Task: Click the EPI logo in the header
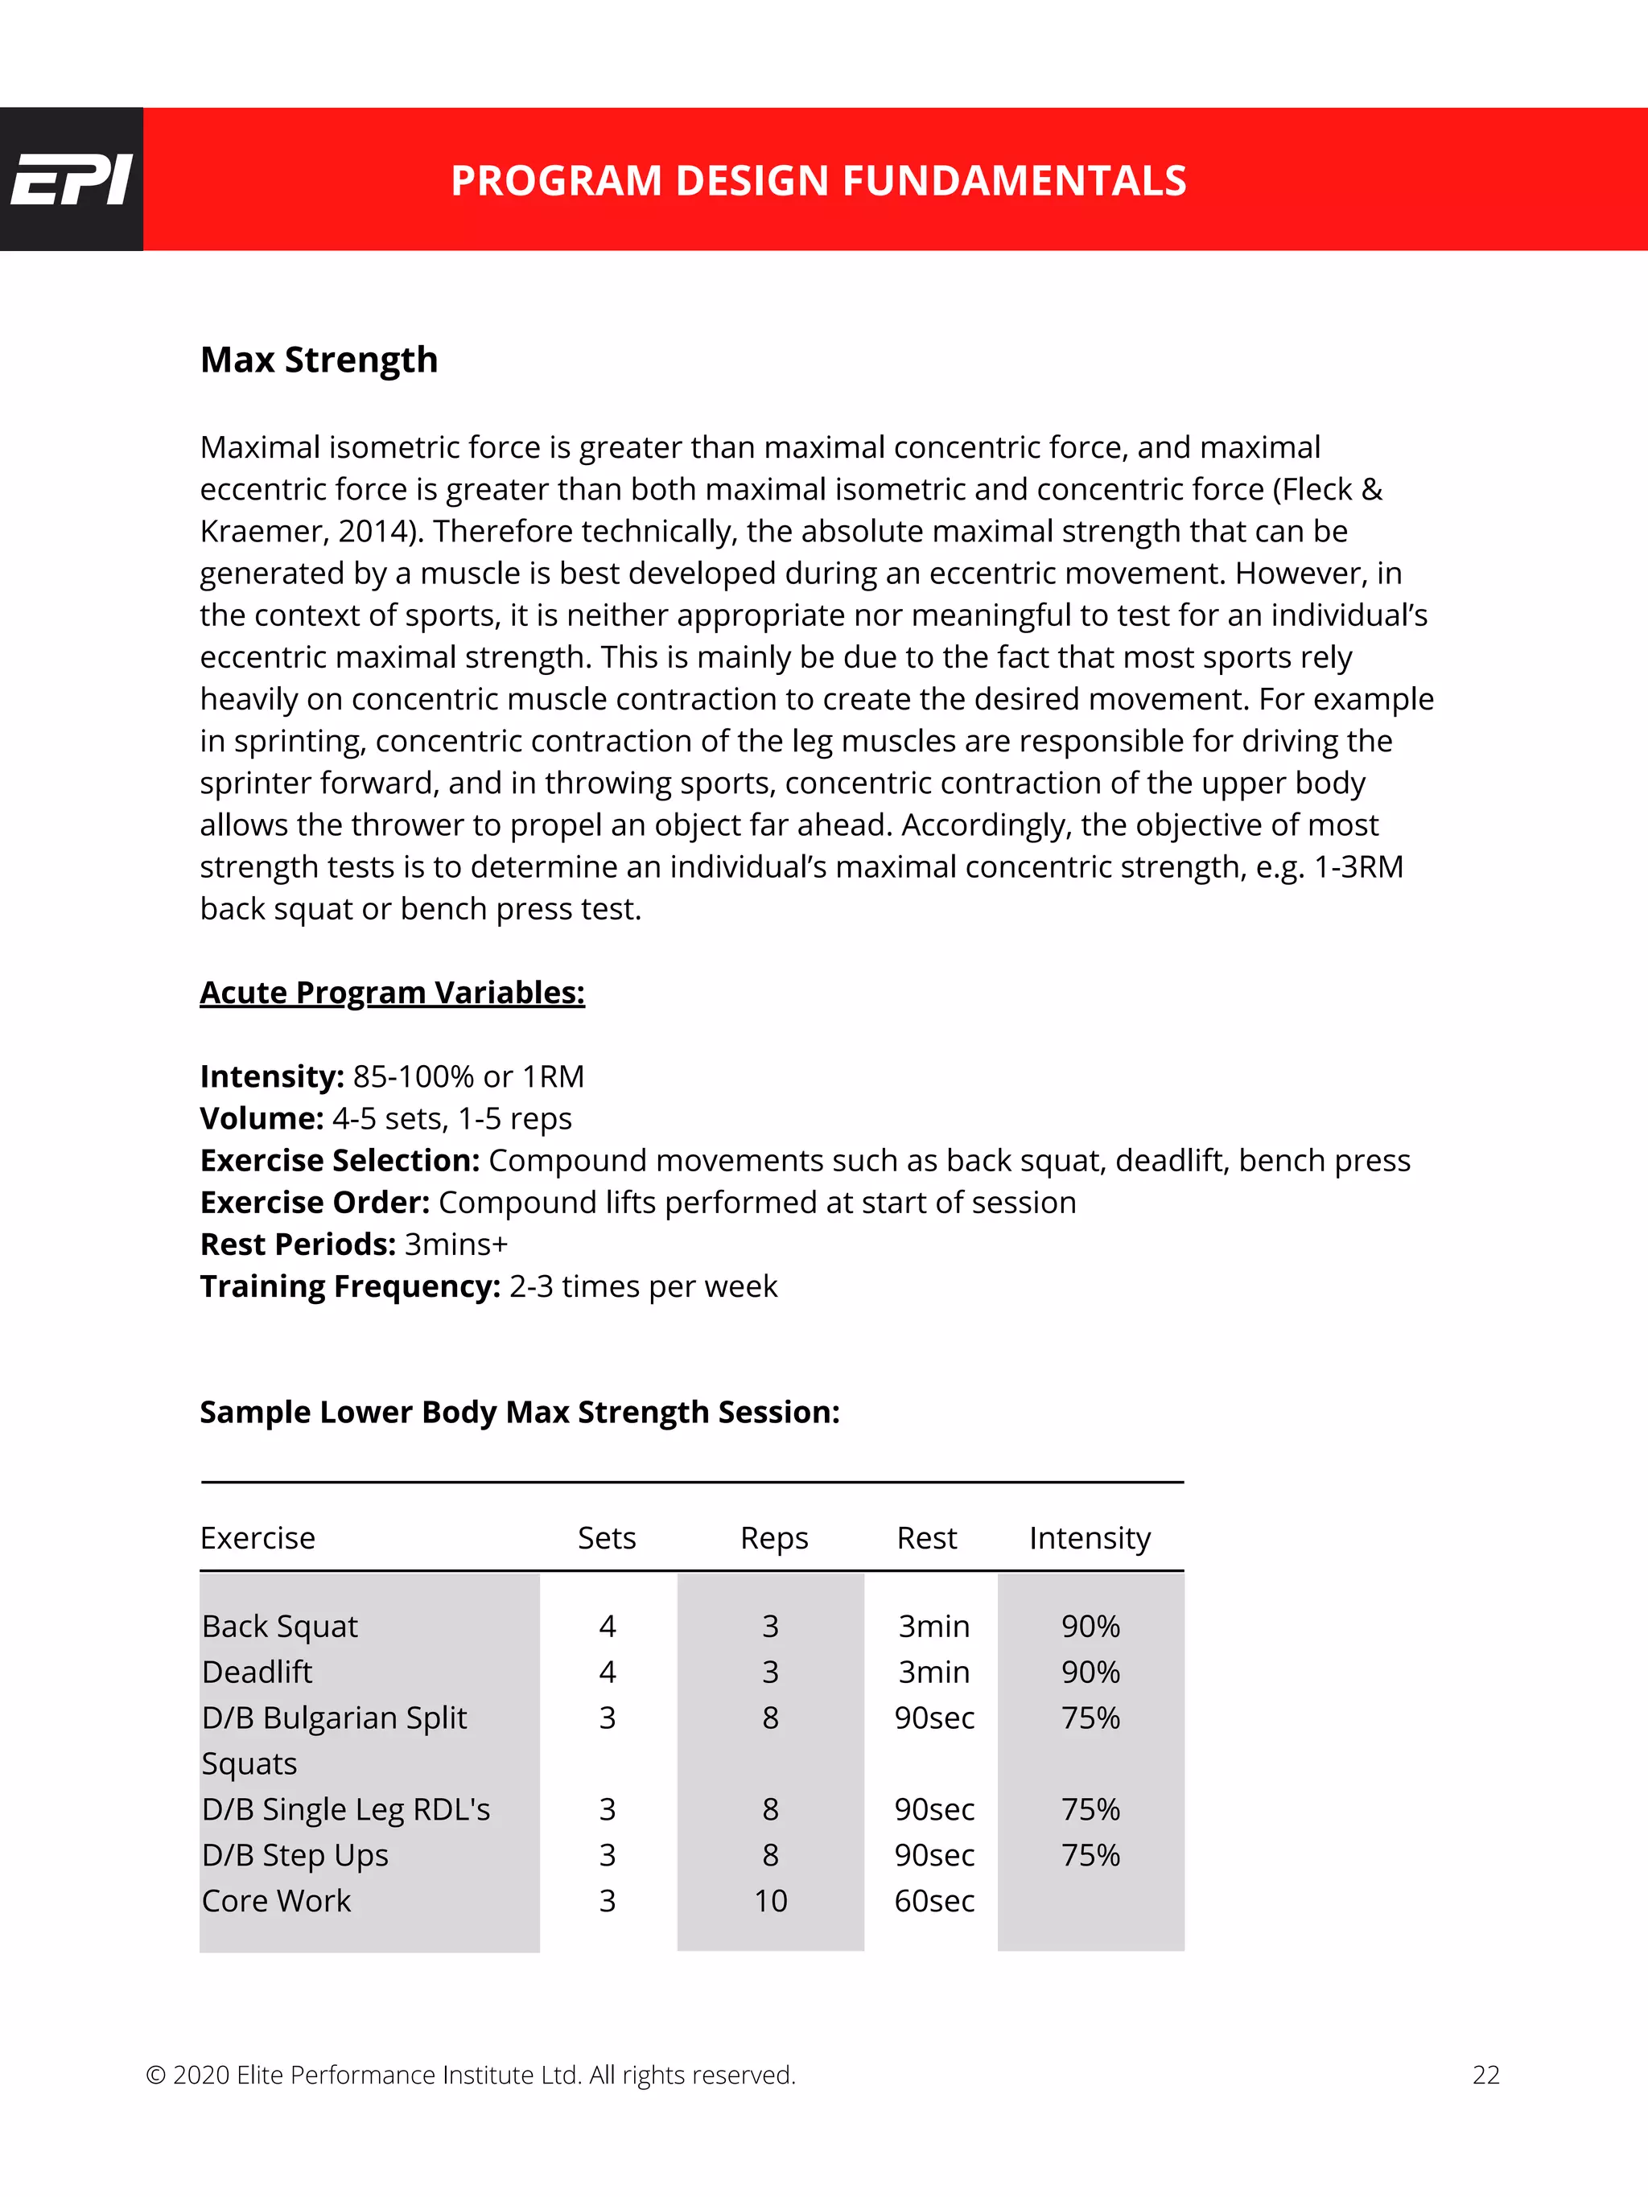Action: tap(71, 179)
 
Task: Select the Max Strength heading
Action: tap(319, 360)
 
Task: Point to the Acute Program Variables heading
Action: tap(393, 992)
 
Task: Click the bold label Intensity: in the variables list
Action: tap(272, 1076)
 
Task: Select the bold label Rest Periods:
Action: tap(298, 1245)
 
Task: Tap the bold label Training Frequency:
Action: tap(351, 1286)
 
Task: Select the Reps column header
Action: tap(774, 1538)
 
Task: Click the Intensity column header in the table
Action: tap(1090, 1538)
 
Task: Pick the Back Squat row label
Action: tap(279, 1627)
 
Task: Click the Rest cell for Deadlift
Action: tap(933, 1672)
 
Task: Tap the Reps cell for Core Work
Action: tap(770, 1901)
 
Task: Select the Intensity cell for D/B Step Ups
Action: tap(1090, 1855)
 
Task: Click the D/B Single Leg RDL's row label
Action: tap(346, 1809)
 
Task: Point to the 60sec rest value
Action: tap(933, 1901)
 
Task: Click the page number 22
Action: tap(1485, 2075)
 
